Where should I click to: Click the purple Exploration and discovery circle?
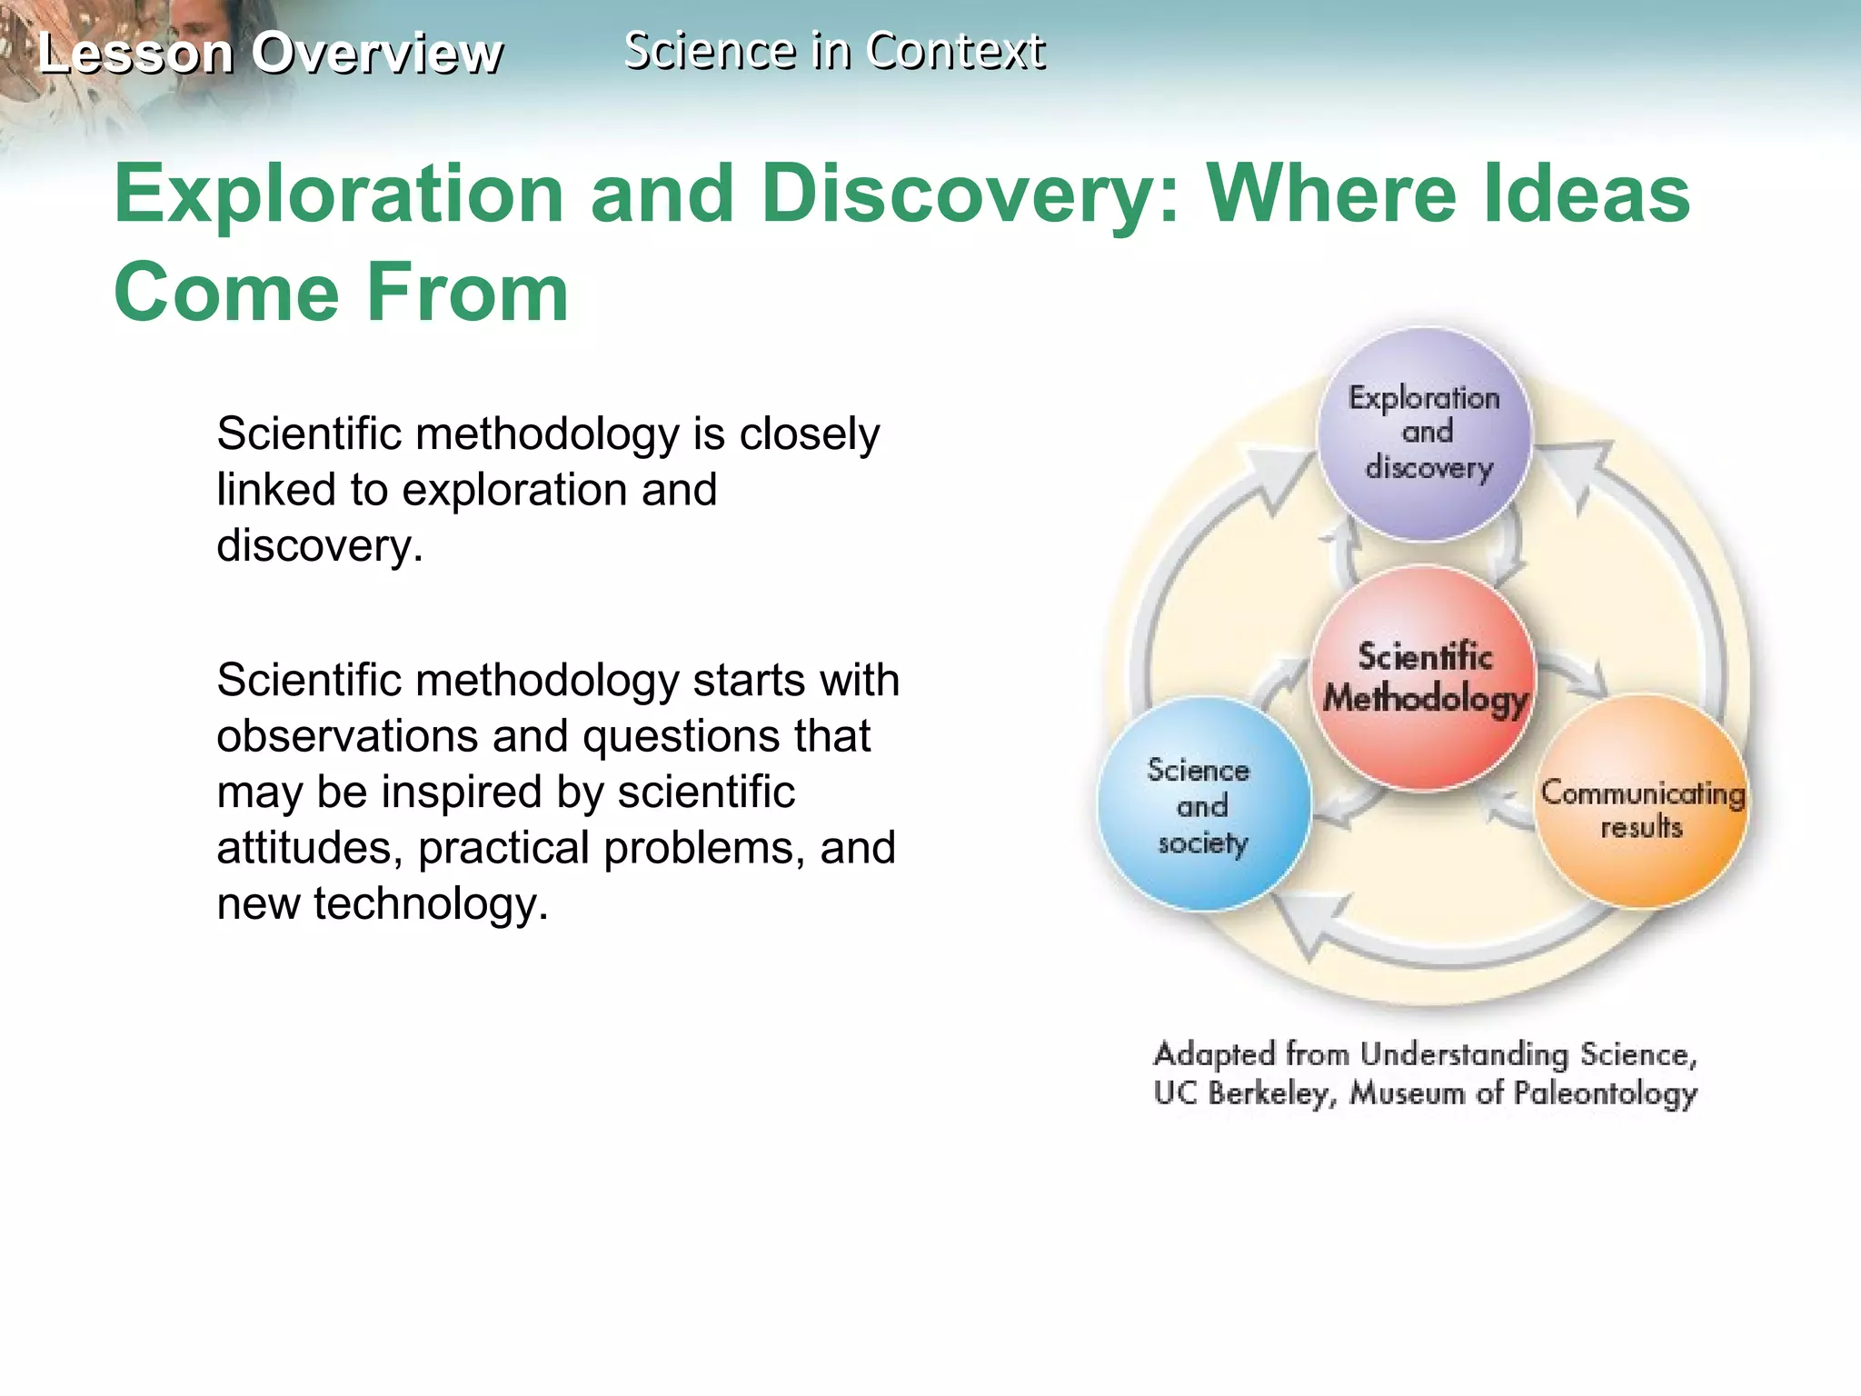(x=1424, y=434)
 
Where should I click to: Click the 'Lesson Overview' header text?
(x=270, y=53)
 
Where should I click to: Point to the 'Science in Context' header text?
(x=834, y=50)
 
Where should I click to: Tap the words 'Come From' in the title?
(x=341, y=292)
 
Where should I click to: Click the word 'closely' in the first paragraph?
(x=809, y=434)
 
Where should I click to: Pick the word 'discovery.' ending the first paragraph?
(x=320, y=545)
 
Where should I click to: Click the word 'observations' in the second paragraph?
(x=346, y=735)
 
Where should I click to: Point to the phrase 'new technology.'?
(x=383, y=903)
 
